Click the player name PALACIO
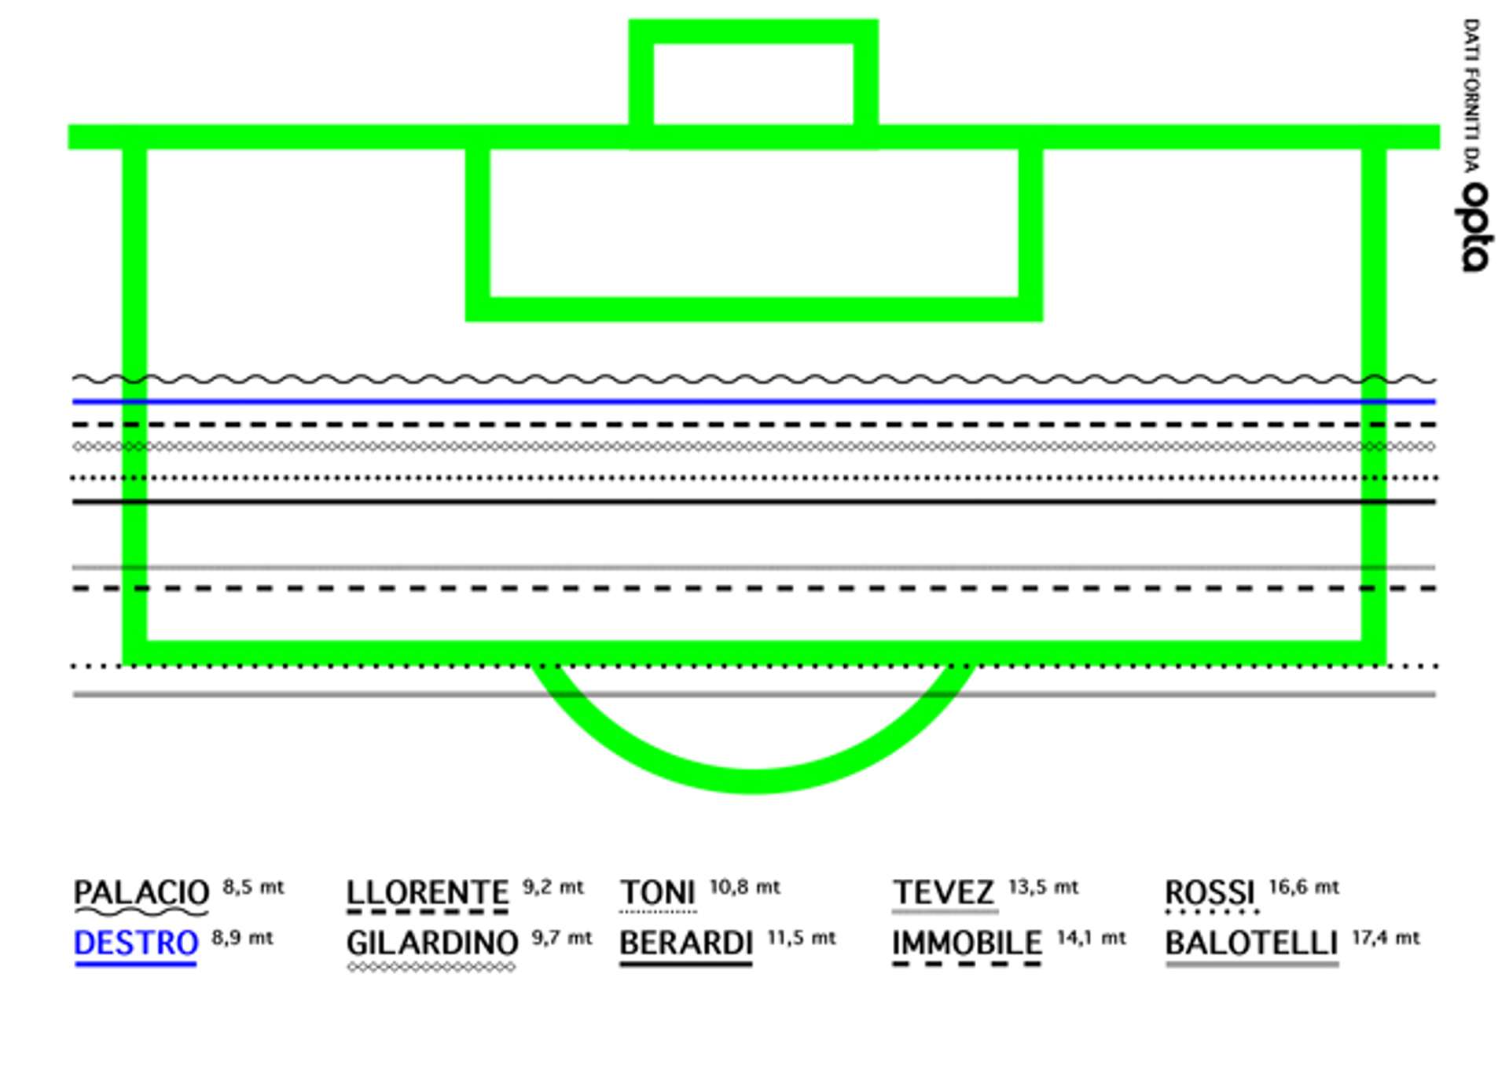click(141, 892)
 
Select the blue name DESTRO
click(136, 943)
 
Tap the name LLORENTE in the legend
click(428, 892)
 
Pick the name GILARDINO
click(432, 943)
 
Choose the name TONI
click(658, 892)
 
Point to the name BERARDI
click(686, 943)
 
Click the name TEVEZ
click(944, 892)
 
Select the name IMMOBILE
click(967, 943)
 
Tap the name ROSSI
click(1210, 892)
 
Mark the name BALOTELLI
click(1251, 943)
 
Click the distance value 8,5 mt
click(253, 888)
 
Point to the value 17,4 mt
click(1386, 938)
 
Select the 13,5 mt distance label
click(1043, 888)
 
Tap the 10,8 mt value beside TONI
click(744, 888)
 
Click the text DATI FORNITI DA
click(1471, 94)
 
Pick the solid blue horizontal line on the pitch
click(754, 402)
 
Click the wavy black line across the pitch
click(754, 380)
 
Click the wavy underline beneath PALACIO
click(141, 913)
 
